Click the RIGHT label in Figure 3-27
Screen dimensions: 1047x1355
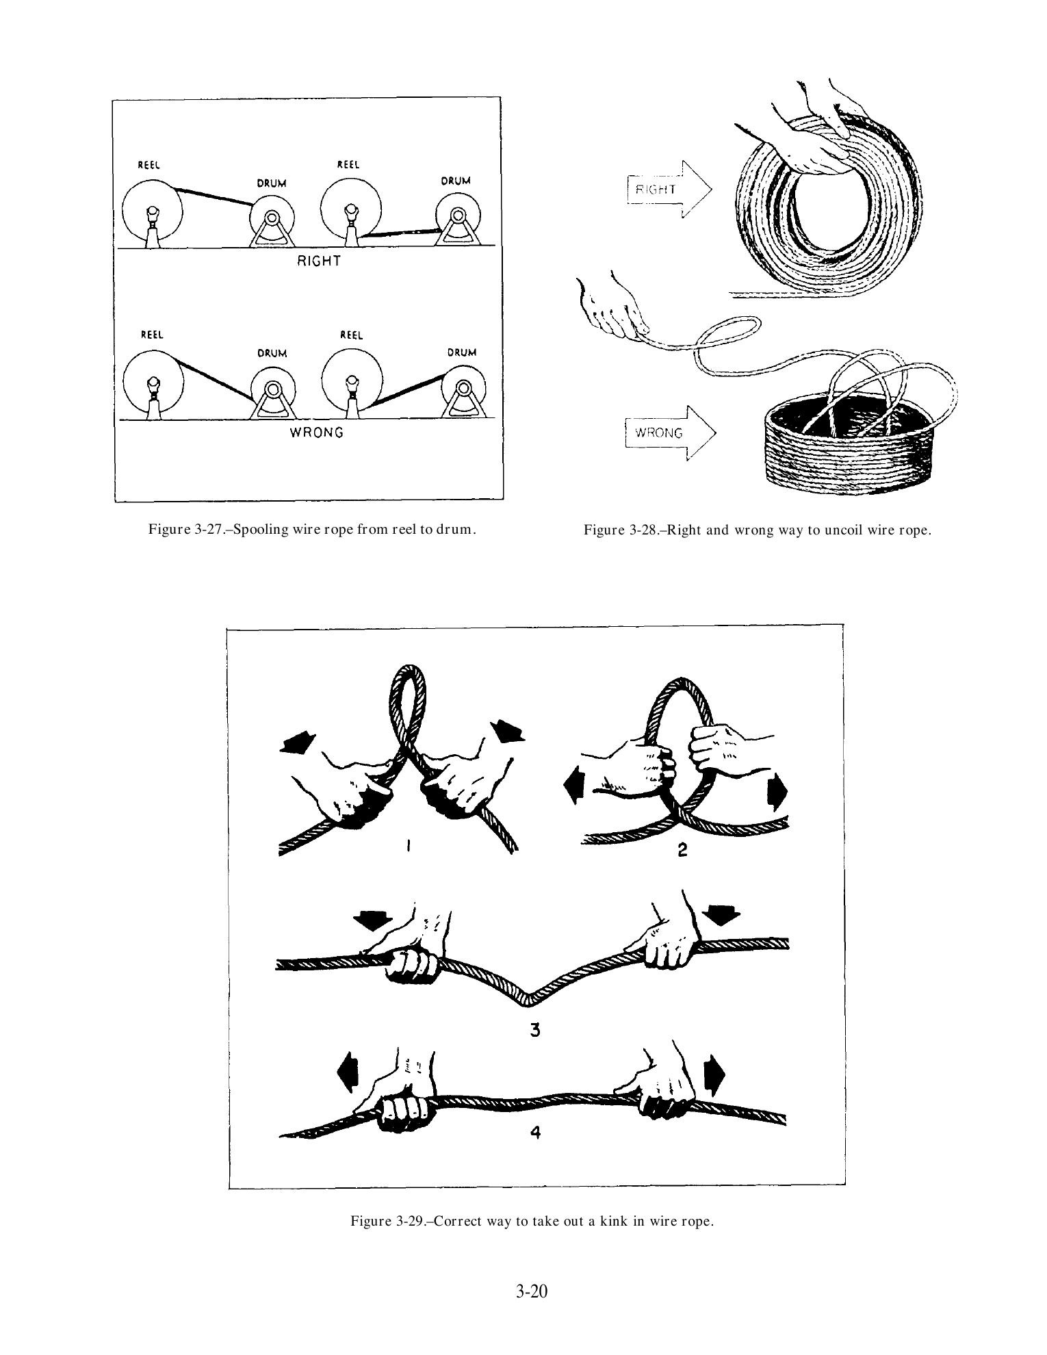coord(318,261)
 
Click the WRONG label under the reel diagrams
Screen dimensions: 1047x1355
coord(316,433)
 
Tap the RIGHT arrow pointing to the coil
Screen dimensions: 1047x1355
coord(668,190)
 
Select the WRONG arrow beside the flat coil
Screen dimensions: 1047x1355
coord(670,433)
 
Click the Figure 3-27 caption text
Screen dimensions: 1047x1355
coord(312,529)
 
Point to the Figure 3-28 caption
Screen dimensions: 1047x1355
coord(758,530)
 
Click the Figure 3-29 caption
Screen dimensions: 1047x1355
coord(532,1221)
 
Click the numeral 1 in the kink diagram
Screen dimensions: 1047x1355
coord(409,847)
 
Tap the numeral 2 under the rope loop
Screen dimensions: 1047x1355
coord(682,849)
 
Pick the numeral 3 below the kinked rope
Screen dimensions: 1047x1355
coord(535,1029)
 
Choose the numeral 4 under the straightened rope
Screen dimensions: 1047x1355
coord(536,1133)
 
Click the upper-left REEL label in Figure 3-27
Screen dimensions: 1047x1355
coord(148,165)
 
